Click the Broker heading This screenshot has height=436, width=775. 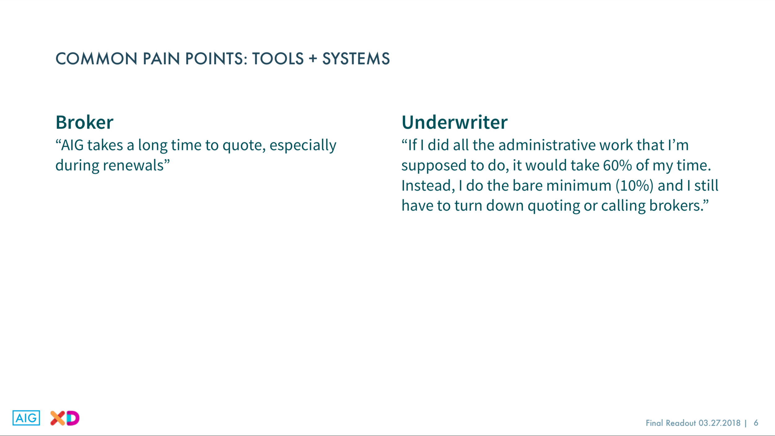tap(84, 122)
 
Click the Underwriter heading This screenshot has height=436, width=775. tap(454, 122)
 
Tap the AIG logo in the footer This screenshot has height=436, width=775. tap(26, 418)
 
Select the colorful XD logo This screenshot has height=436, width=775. tap(65, 418)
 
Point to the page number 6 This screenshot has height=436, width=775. tap(756, 423)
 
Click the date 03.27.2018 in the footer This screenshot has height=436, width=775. tap(719, 423)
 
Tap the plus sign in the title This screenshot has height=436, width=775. tap(313, 59)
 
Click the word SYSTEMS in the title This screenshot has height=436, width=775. tap(356, 59)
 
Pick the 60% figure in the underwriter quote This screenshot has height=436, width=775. tap(617, 165)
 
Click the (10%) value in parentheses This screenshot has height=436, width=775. tap(635, 186)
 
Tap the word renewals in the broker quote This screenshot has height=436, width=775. tap(133, 165)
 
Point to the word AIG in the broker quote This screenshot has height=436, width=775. tap(72, 145)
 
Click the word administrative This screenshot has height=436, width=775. tap(547, 145)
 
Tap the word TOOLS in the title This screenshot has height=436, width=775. tap(278, 59)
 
